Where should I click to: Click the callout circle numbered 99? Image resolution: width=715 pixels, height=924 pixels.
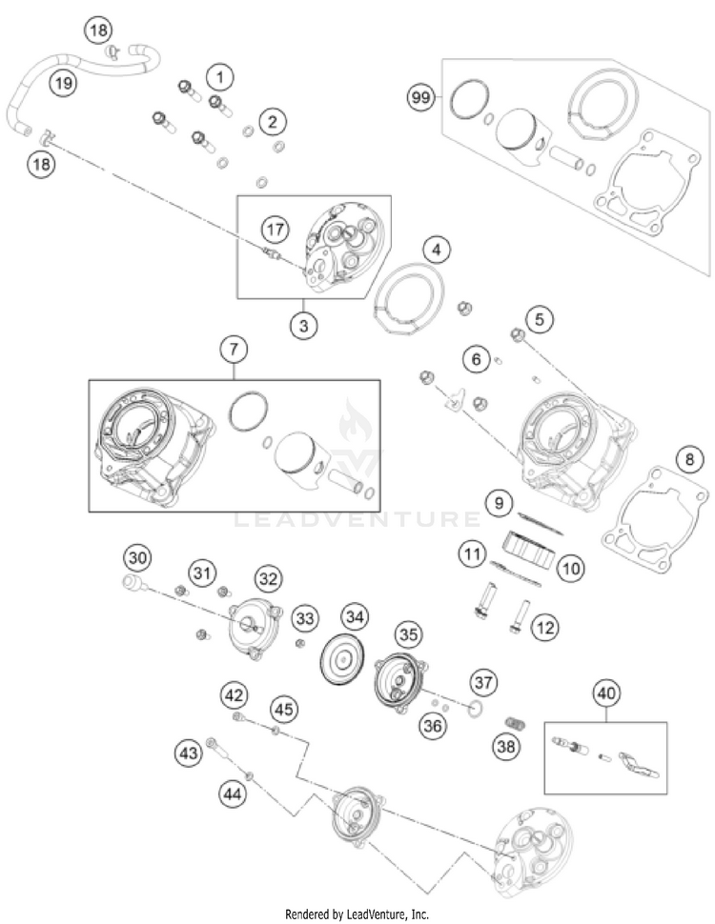point(419,97)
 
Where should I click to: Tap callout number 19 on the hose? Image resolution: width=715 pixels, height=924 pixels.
point(63,84)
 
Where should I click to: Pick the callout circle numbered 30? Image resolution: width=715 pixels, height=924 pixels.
point(139,557)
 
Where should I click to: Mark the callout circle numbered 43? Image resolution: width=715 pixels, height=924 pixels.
point(189,753)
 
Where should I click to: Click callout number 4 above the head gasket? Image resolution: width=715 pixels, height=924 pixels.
point(436,251)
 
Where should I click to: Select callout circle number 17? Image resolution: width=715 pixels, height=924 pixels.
point(275,230)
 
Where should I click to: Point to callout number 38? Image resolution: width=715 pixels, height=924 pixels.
point(506,748)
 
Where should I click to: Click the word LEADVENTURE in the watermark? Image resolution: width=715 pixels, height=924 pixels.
point(357,520)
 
